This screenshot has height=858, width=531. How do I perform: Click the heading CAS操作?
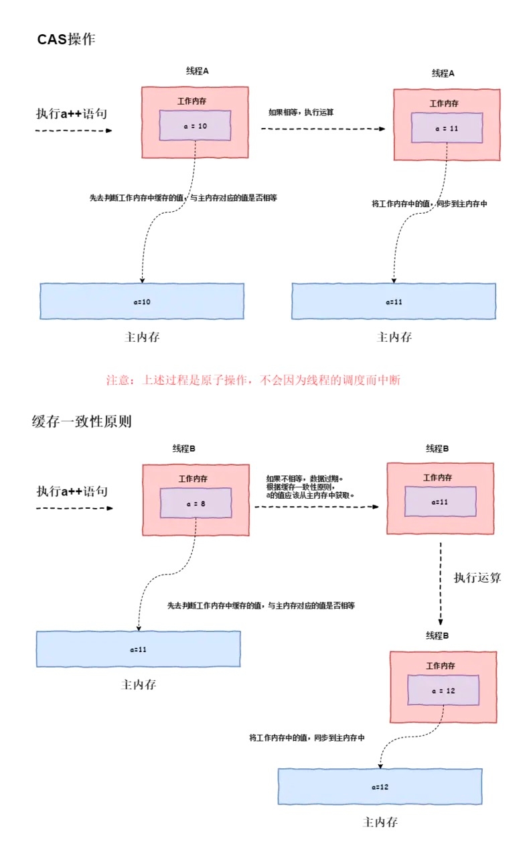[67, 40]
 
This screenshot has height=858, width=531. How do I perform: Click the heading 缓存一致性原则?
[82, 422]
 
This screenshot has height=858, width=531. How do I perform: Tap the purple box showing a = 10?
[195, 125]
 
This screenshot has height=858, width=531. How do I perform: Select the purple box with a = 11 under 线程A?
[447, 127]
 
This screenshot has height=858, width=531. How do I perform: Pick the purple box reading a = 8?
[195, 503]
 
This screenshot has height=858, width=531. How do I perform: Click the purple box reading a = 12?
[443, 690]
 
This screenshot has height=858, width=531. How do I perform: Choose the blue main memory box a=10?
[142, 302]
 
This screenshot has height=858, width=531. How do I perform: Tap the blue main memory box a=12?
[380, 786]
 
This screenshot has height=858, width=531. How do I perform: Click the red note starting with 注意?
[253, 380]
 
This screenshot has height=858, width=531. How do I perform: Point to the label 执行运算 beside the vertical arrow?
[477, 578]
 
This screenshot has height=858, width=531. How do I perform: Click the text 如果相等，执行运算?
[301, 112]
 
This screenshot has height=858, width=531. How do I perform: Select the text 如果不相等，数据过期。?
[304, 479]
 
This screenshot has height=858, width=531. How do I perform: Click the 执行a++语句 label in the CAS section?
[72, 113]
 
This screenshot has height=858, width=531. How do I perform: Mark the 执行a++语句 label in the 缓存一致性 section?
[72, 491]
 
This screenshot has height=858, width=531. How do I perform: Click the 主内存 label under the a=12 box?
[380, 822]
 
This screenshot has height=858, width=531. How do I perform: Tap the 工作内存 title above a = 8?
[193, 479]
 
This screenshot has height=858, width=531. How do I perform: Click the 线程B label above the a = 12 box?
[437, 635]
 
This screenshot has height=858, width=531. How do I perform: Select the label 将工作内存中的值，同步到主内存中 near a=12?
[307, 737]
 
